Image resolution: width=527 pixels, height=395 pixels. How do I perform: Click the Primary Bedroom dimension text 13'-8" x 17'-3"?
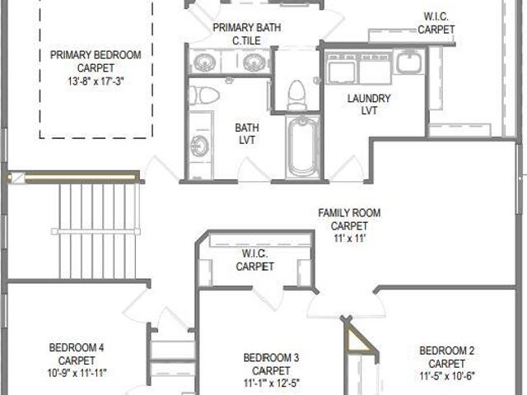96,81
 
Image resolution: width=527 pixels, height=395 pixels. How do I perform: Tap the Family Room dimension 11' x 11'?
349,239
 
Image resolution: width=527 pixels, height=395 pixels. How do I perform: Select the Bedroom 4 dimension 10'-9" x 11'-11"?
77,373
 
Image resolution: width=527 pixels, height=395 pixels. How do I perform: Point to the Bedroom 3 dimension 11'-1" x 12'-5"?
271,383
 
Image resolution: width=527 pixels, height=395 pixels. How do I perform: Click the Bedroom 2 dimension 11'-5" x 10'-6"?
447,376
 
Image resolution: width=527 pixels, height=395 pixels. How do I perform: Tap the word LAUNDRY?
369,99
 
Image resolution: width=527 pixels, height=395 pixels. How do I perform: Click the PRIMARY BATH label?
247,27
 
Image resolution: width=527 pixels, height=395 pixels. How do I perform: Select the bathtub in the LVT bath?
302,147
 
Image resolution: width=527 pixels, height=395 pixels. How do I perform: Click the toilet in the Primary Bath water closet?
296,95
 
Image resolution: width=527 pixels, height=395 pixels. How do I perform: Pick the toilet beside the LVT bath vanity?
203,95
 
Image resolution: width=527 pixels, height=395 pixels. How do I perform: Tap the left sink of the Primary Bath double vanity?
203,63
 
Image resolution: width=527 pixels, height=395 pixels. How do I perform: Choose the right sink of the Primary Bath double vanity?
254,63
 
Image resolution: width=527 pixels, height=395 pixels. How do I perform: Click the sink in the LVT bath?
199,146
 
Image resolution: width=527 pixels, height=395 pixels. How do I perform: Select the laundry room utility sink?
408,62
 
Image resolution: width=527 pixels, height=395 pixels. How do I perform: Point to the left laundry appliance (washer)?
341,68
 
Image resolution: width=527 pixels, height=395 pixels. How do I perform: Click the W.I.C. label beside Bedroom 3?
255,253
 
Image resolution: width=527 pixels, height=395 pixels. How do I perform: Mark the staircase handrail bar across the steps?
96,231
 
